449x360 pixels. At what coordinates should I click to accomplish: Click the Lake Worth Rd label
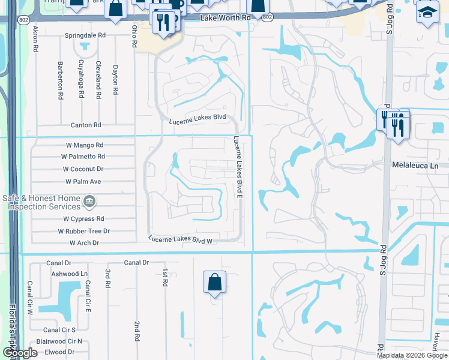coord(226,18)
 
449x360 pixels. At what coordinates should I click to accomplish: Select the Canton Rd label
coord(86,125)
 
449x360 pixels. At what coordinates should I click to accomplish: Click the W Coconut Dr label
coord(83,169)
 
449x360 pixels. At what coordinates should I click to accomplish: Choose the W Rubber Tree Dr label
coord(84,231)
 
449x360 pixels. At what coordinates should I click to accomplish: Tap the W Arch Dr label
coord(84,243)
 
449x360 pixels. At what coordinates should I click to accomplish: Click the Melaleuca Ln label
coord(415,164)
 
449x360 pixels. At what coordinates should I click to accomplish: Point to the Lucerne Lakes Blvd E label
coord(238,168)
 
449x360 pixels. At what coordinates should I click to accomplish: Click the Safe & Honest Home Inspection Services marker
coord(89,202)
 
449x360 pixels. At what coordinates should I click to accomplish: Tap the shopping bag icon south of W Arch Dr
coord(214,282)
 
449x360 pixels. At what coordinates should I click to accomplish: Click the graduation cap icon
coord(427,13)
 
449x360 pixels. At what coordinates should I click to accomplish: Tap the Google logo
coord(20,353)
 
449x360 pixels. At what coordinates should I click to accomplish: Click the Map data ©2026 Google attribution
coord(411,355)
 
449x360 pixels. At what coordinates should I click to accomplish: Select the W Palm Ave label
coord(83,182)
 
